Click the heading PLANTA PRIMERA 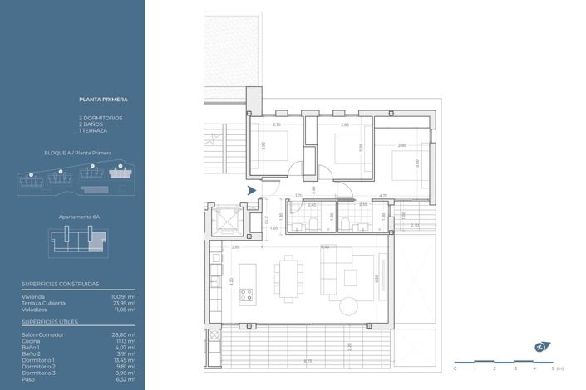point(102,100)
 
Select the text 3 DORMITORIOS point(101,118)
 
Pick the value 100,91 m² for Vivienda point(123,296)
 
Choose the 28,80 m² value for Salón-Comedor point(124,334)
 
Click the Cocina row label point(32,340)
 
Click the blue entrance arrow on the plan point(252,191)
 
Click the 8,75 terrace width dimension point(308,361)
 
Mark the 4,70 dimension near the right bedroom point(383,196)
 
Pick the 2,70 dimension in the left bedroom point(278,124)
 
